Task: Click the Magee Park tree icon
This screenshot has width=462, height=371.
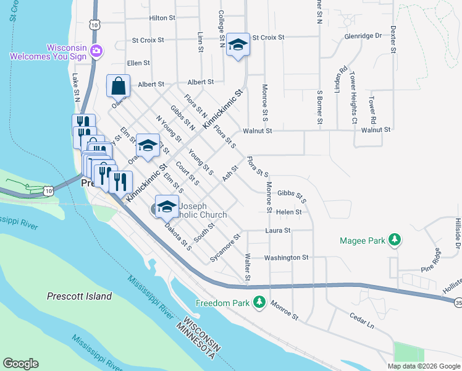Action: click(394, 240)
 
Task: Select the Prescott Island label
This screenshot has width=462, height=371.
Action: click(80, 296)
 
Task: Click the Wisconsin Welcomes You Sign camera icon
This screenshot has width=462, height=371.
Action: click(96, 50)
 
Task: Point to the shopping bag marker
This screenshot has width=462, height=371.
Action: click(118, 85)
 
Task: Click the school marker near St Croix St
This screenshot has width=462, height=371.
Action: click(237, 45)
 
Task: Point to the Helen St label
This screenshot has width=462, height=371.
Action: click(288, 212)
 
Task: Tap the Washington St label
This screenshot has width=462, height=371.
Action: click(286, 257)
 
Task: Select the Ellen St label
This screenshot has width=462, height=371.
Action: click(138, 63)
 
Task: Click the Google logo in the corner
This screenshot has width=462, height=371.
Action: click(20, 364)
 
